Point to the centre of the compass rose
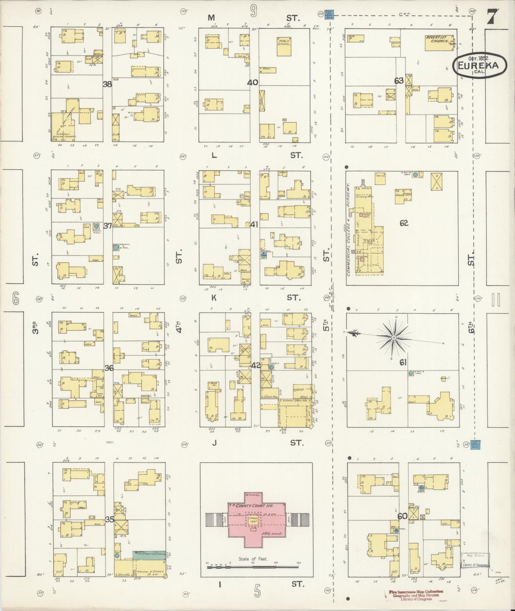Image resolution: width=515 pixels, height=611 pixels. [394, 337]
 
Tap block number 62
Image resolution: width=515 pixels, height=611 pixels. [403, 224]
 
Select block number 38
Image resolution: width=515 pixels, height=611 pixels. [107, 84]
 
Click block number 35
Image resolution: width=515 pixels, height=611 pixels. [109, 519]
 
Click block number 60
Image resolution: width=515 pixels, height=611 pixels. [402, 516]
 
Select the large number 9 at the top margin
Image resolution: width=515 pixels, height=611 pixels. [253, 12]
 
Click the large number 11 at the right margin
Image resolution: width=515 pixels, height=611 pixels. [496, 300]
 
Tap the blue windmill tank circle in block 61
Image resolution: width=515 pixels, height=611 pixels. [411, 373]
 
